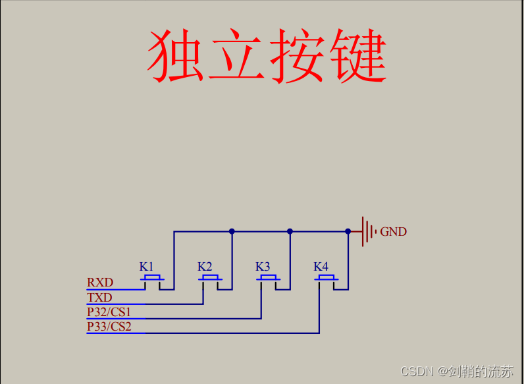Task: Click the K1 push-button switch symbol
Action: (x=153, y=280)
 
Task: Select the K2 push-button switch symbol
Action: (x=211, y=280)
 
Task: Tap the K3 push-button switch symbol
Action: (x=269, y=280)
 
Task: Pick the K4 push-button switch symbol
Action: (x=327, y=280)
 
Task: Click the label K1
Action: (x=146, y=267)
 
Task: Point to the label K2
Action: (x=205, y=267)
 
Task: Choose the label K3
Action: (x=263, y=267)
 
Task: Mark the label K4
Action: (x=321, y=267)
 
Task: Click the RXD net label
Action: (x=100, y=283)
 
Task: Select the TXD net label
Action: (x=99, y=297)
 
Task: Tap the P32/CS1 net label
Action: (x=109, y=312)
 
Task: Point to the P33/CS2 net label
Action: (x=109, y=326)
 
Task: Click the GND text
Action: (x=394, y=232)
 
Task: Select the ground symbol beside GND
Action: (x=367, y=231)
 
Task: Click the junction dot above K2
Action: (x=232, y=231)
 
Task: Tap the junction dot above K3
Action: (x=290, y=231)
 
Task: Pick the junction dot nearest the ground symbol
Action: (x=348, y=231)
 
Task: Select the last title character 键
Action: (x=356, y=56)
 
